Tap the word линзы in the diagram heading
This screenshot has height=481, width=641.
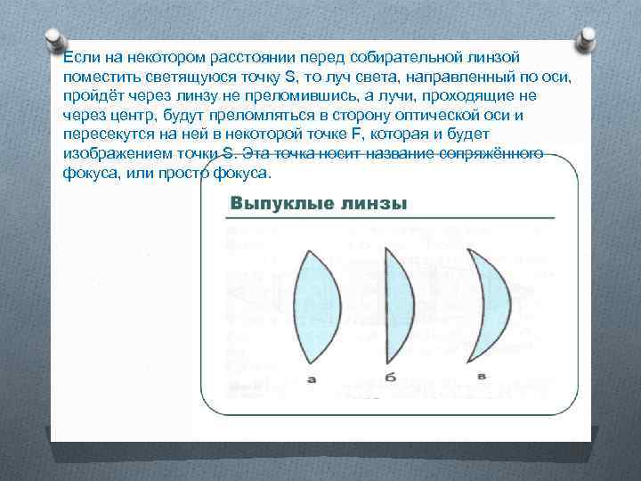click(x=373, y=204)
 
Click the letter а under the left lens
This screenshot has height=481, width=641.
click(x=312, y=379)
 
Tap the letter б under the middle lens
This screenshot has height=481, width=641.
click(x=390, y=378)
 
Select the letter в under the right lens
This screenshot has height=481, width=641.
click(x=481, y=376)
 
